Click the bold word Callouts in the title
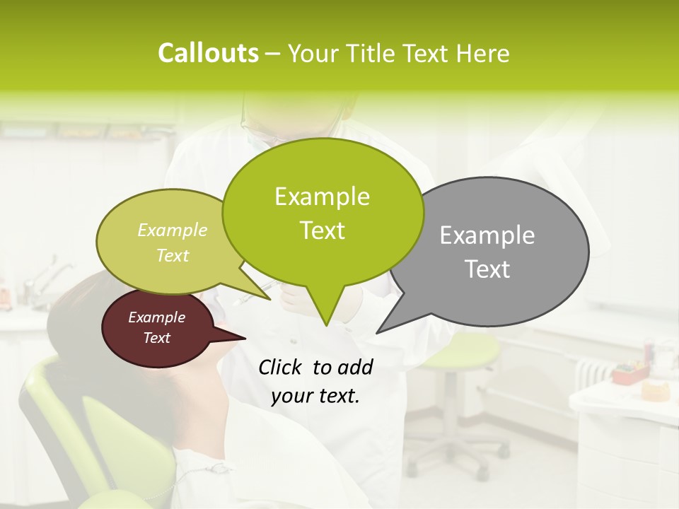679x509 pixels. [208, 53]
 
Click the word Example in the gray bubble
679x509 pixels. [487, 235]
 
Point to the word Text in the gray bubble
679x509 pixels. [487, 269]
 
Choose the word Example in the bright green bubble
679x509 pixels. [322, 197]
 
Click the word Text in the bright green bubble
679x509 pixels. [322, 230]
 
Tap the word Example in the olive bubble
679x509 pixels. [173, 230]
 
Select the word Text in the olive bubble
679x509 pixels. [173, 255]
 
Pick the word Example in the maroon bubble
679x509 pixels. [156, 317]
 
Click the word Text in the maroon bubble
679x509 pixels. [156, 338]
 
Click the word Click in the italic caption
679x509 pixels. [282, 367]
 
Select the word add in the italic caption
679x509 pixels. [355, 367]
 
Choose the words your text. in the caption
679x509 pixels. [315, 396]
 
